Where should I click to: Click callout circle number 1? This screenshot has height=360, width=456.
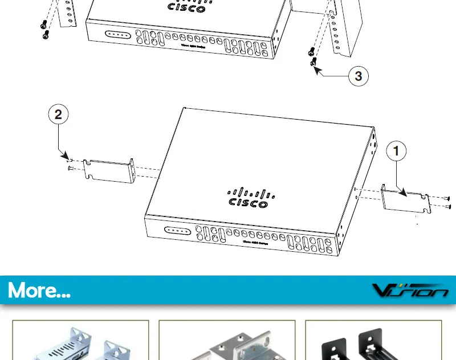pyautogui.click(x=397, y=152)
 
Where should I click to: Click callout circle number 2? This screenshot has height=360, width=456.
pyautogui.click(x=58, y=115)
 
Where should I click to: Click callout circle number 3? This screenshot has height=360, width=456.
pyautogui.click(x=358, y=76)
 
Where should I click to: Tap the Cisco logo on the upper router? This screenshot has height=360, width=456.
pyautogui.click(x=186, y=6)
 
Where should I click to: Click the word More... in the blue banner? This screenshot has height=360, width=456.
pyautogui.click(x=39, y=291)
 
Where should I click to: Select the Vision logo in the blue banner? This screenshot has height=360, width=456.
pyautogui.click(x=410, y=291)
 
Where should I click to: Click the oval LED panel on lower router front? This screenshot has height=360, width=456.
pyautogui.click(x=177, y=231)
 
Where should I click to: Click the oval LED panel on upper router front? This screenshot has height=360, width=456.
pyautogui.click(x=119, y=34)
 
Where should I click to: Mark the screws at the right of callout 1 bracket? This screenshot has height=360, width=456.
pyautogui.click(x=446, y=202)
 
